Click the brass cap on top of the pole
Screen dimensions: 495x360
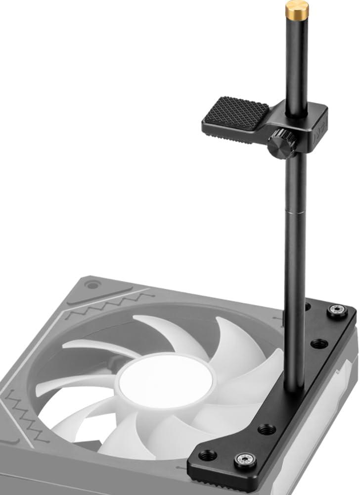tap(297, 9)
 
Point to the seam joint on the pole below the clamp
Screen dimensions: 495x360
tap(295, 214)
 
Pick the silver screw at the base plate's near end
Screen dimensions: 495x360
tap(245, 459)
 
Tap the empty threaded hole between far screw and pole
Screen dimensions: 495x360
tap(319, 343)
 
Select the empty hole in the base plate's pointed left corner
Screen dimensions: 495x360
tap(207, 455)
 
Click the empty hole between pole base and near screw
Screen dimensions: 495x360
tap(267, 429)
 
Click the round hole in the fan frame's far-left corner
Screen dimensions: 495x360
tap(91, 285)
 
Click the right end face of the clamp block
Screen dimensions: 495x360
tap(319, 129)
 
